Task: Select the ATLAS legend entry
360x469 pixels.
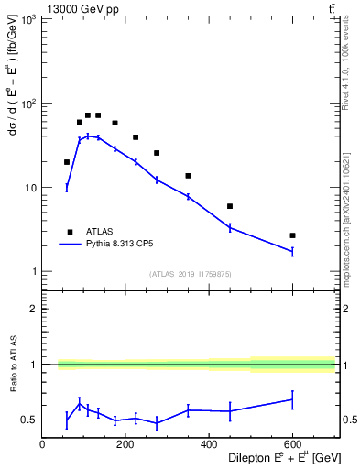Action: coord(96,232)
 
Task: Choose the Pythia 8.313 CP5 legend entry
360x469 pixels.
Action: coord(120,245)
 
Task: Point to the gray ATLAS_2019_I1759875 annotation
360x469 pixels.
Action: coord(190,274)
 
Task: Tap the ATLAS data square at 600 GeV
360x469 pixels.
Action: coord(292,235)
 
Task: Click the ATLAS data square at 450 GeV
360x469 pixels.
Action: coord(230,206)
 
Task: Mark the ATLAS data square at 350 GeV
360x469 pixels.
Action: coord(188,176)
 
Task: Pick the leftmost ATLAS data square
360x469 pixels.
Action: coord(67,162)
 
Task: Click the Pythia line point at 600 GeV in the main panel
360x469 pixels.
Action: coord(292,251)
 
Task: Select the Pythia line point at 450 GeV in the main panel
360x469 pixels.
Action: coord(230,227)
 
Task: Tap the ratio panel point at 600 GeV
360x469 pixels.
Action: coord(292,398)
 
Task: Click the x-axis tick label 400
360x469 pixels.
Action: coord(209,445)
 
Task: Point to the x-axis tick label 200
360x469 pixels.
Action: coord(125,445)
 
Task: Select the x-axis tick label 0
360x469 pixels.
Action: coord(43,445)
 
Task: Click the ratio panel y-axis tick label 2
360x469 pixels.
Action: coord(34,309)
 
